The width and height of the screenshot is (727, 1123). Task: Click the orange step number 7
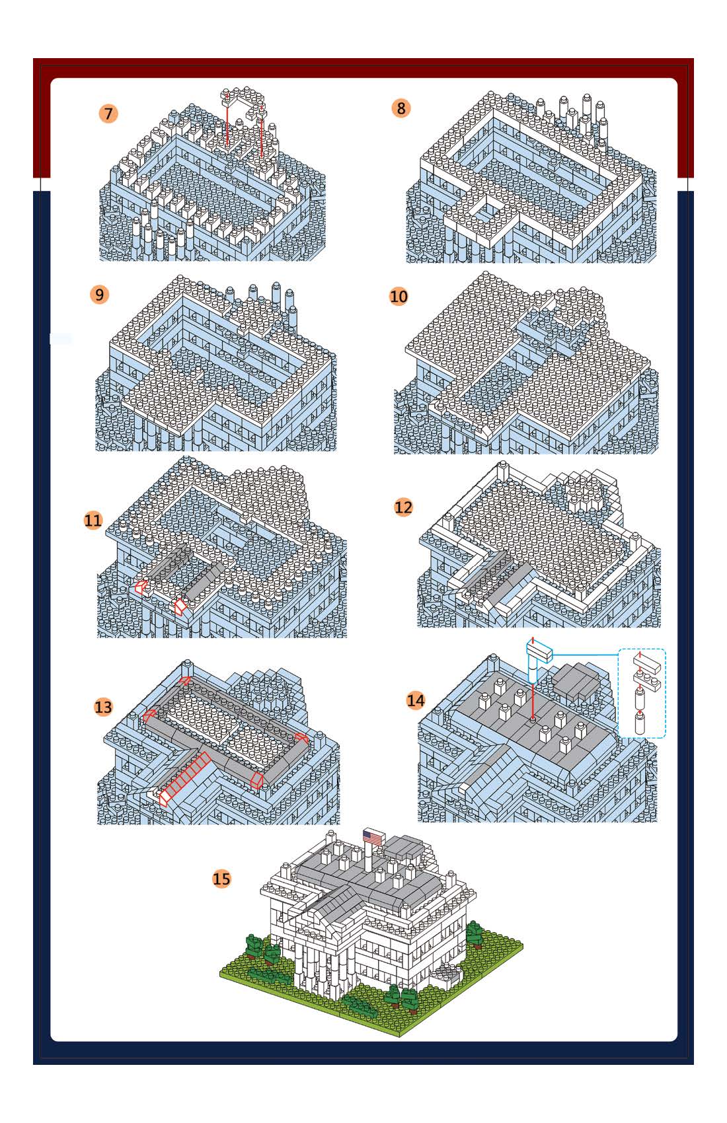point(108,114)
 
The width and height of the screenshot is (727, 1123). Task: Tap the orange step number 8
point(401,108)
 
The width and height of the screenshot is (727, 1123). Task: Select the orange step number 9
point(99,294)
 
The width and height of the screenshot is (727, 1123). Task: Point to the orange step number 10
point(399,297)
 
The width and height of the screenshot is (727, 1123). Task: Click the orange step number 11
point(93,520)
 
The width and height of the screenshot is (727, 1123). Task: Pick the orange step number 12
point(403,507)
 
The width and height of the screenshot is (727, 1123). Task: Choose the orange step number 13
point(103,707)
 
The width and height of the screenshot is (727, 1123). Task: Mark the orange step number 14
point(416,700)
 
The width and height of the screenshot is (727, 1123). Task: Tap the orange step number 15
point(221,879)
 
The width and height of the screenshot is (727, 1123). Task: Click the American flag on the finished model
point(374,837)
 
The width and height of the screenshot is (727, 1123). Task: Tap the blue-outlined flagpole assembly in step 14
point(538,661)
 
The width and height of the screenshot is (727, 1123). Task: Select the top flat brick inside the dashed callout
point(647,663)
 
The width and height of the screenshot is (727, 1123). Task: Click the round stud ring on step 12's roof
point(586,493)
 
